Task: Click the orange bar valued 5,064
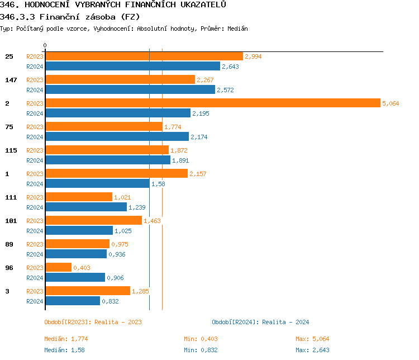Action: (212, 103)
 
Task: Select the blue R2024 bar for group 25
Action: (132, 67)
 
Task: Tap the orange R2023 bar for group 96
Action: (58, 268)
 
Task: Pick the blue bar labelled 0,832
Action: (73, 301)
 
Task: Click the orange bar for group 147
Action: (120, 80)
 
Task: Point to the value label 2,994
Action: (253, 56)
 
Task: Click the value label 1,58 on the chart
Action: (159, 184)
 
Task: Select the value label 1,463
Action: (152, 221)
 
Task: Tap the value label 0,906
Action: (115, 278)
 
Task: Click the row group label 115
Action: (11, 150)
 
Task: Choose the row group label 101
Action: (11, 221)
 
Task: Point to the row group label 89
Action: (9, 244)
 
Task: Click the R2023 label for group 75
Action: (35, 127)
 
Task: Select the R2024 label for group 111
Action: (35, 207)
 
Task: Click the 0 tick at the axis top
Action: (45, 45)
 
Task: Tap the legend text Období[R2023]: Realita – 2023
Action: (93, 322)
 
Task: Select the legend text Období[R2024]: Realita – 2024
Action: (260, 322)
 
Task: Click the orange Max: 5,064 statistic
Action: (312, 339)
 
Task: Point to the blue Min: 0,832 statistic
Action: (201, 350)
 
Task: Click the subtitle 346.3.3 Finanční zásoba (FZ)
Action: (70, 16)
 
